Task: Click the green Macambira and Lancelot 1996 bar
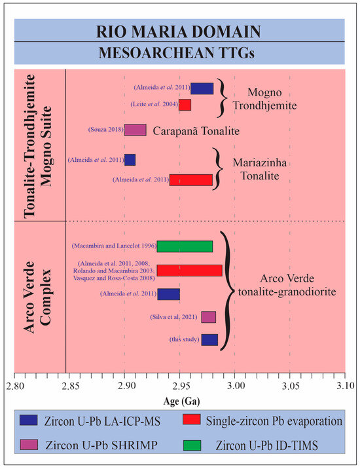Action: coord(185,246)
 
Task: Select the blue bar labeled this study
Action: coord(209,340)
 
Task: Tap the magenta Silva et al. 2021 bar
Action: coord(208,317)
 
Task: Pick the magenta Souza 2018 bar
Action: coord(135,130)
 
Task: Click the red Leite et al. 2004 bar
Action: coord(185,105)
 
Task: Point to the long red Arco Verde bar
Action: coord(190,271)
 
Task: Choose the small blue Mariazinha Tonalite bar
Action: coord(130,160)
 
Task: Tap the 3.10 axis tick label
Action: coord(346,386)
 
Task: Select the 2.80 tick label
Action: coord(14,386)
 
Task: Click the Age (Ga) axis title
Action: coord(181,401)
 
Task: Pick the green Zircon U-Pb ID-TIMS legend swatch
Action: coord(192,445)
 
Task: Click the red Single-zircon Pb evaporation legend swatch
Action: coord(192,419)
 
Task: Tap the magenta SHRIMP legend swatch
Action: coord(29,445)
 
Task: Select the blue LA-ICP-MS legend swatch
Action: coord(29,420)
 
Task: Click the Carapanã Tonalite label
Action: coord(196,131)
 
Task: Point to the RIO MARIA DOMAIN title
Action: coord(179,31)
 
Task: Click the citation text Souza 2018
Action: coord(106,130)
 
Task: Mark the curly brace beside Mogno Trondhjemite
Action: coord(223,98)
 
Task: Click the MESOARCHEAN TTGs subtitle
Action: coord(177,53)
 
